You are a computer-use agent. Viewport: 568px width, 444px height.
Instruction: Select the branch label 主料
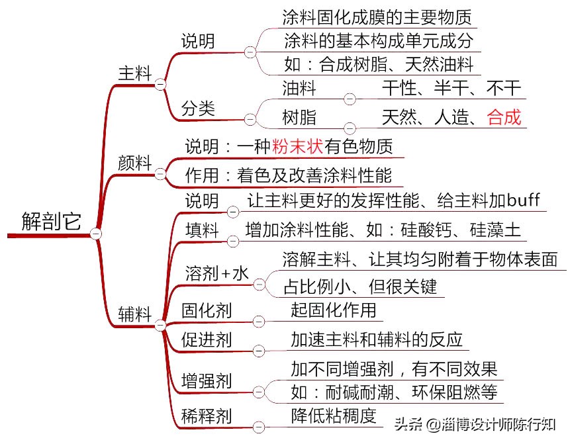134,72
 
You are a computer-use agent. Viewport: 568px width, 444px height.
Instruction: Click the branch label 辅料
135,314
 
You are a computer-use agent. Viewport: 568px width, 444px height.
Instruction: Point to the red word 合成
504,118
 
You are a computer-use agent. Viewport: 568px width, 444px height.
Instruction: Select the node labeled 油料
299,87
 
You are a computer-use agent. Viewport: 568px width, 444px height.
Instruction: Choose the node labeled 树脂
299,118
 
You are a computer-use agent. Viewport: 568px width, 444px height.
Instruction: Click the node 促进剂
207,340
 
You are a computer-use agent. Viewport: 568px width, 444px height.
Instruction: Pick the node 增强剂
207,381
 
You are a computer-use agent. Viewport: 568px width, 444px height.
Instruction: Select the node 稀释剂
207,416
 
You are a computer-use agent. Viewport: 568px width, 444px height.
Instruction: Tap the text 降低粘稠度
334,416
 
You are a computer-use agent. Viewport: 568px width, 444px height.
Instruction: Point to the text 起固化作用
334,310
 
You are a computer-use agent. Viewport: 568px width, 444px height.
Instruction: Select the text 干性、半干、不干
452,87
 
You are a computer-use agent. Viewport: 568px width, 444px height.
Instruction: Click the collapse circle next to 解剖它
97,234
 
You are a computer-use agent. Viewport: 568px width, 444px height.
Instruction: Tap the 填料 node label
202,230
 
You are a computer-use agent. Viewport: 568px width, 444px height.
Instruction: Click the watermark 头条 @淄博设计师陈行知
475,424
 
